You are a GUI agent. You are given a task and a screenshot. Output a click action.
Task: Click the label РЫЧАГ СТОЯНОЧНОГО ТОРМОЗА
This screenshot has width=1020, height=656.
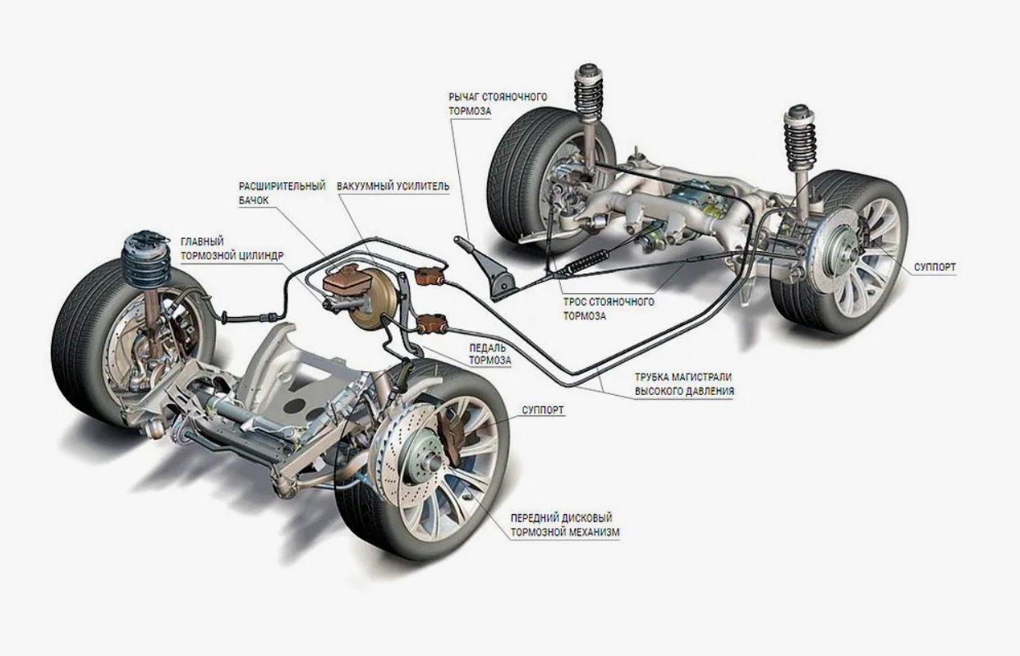(x=498, y=103)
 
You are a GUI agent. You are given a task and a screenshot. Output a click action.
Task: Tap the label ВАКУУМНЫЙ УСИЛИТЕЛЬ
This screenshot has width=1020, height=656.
(x=393, y=186)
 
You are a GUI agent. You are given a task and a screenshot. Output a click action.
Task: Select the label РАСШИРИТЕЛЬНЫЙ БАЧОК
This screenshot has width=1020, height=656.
(x=282, y=193)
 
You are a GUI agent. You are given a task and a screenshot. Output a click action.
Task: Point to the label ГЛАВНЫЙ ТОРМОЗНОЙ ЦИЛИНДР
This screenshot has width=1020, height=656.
(x=232, y=249)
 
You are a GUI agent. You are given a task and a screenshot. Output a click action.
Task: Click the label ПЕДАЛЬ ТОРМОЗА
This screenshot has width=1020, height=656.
(x=489, y=353)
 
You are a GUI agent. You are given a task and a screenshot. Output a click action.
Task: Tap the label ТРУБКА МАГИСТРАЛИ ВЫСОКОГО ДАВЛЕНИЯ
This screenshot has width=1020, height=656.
(x=683, y=384)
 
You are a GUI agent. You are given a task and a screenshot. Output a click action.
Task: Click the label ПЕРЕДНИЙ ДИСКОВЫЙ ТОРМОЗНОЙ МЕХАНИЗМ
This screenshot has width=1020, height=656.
(x=564, y=525)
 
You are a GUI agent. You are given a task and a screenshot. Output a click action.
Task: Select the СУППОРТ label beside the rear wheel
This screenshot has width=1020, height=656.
(x=933, y=268)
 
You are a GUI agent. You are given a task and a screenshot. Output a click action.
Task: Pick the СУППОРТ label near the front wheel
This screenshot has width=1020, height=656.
(x=543, y=409)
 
